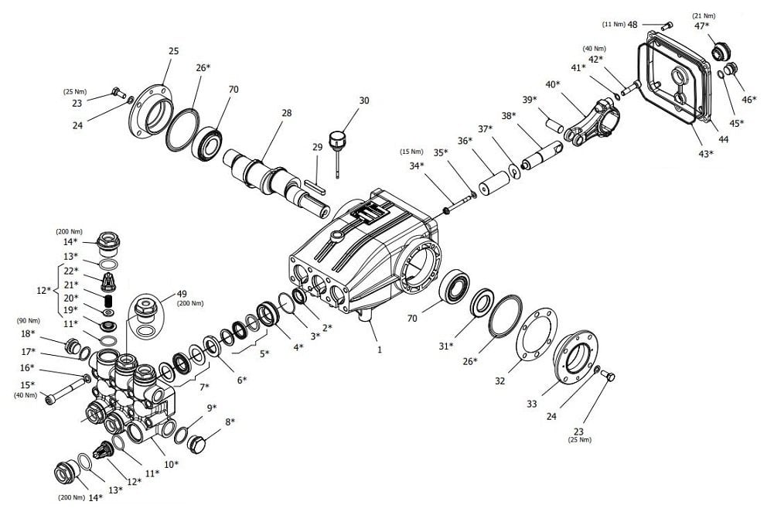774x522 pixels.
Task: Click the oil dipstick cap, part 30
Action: (337, 138)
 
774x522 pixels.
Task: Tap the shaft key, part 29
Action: (315, 186)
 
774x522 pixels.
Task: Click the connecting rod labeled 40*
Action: (592, 121)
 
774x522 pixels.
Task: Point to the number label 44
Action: (723, 140)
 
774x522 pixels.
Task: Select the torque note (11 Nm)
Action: (614, 24)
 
